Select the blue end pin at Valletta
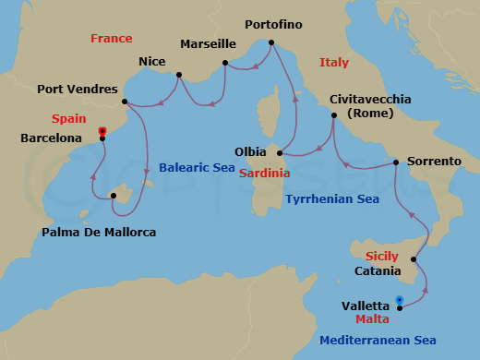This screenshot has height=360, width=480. pos(399,299)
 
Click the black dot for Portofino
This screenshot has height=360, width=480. pos(270,42)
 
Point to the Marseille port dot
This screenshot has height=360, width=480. pos(225,63)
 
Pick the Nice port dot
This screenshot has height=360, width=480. pos(178,76)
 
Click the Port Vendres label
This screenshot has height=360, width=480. pos(77,90)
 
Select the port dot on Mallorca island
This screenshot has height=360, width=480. pos(113,195)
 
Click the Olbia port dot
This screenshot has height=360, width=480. pos(279,153)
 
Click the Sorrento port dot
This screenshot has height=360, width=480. pos(395,162)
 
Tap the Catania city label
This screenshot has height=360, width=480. pos(378,270)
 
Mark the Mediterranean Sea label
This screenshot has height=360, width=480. pos(378,341)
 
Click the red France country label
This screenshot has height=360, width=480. pos(112,39)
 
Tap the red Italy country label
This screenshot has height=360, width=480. pos(333,63)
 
